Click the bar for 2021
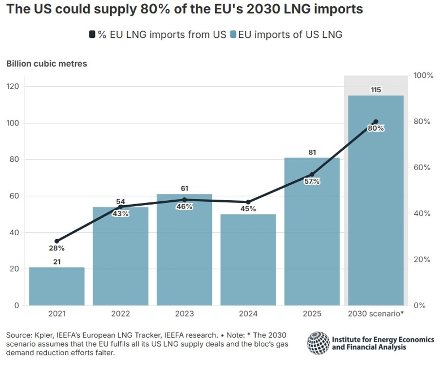[x=56, y=286]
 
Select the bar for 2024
[x=248, y=260]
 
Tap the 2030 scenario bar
[x=375, y=204]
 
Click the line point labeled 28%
[x=56, y=241]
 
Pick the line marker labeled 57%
[x=312, y=175]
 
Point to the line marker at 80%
[x=375, y=122]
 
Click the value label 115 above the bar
[x=375, y=90]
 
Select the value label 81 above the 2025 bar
[x=312, y=152]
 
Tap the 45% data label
[x=248, y=210]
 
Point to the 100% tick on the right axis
[x=423, y=76]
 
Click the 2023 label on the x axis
[x=184, y=315]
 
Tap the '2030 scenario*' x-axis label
[x=375, y=315]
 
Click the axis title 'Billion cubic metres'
[x=46, y=64]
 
